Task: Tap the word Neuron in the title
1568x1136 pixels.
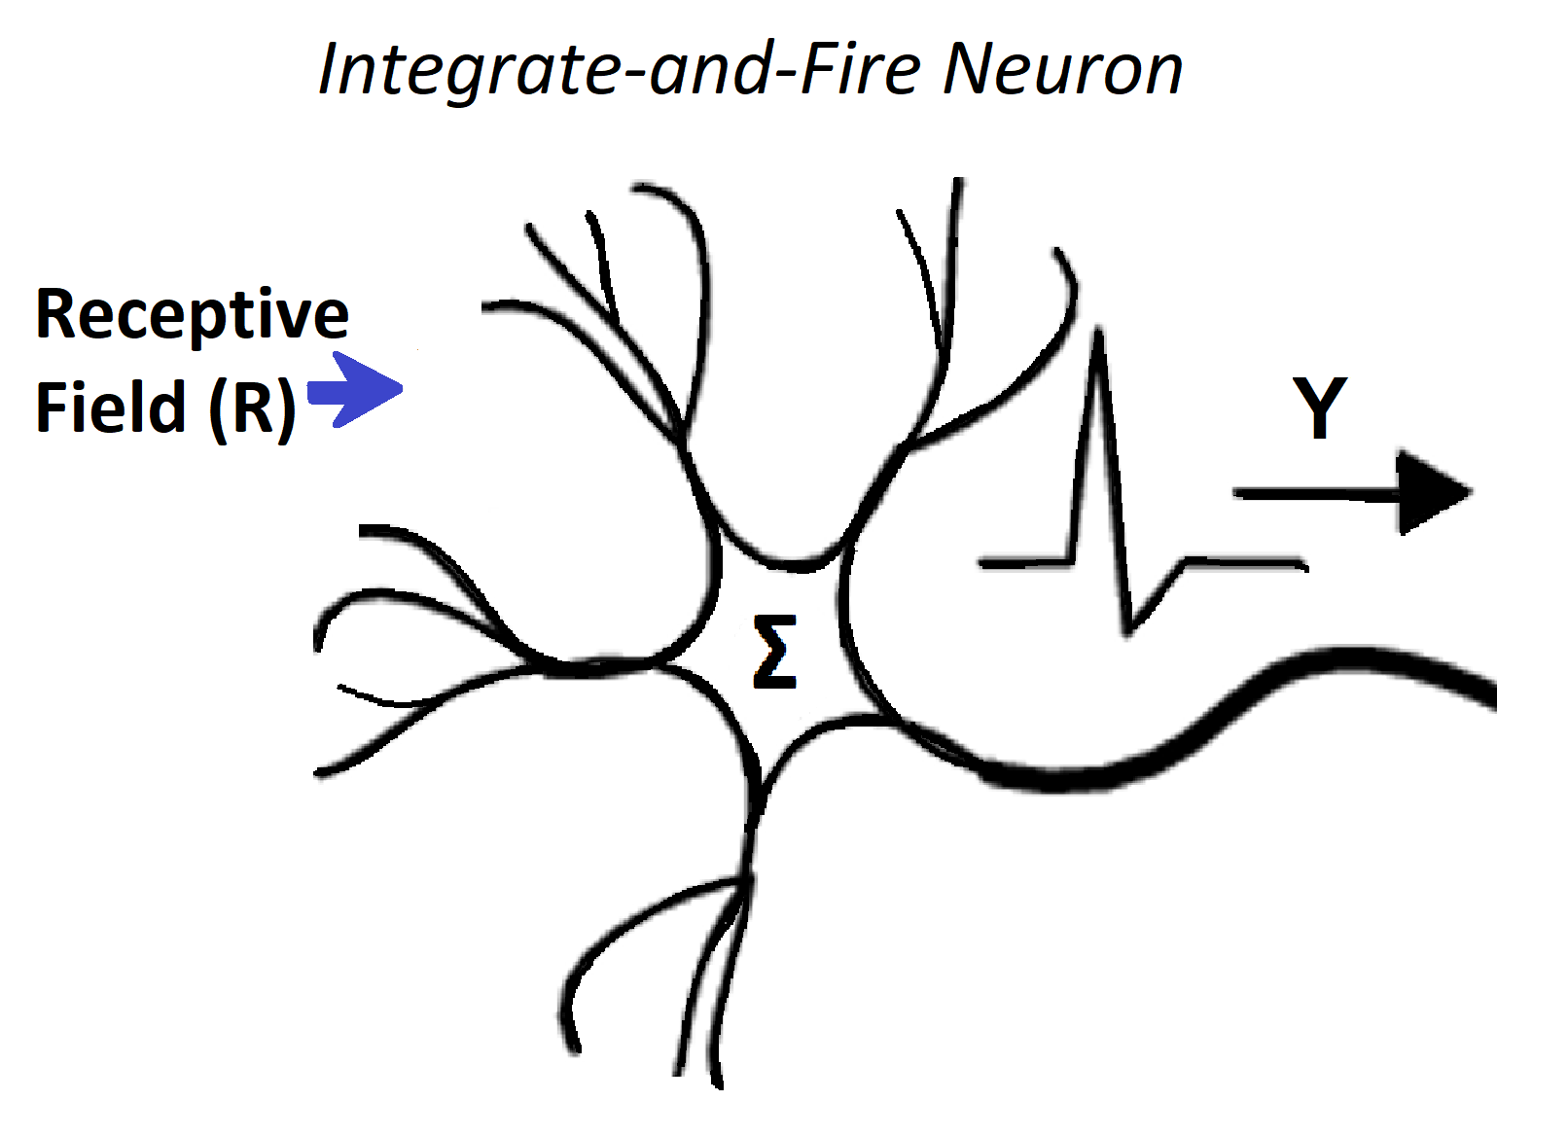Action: [1062, 70]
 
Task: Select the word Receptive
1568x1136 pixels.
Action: [192, 314]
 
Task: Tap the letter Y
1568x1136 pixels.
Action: [1320, 408]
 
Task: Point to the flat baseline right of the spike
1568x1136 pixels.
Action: [1245, 561]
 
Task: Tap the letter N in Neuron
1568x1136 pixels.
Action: [969, 70]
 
